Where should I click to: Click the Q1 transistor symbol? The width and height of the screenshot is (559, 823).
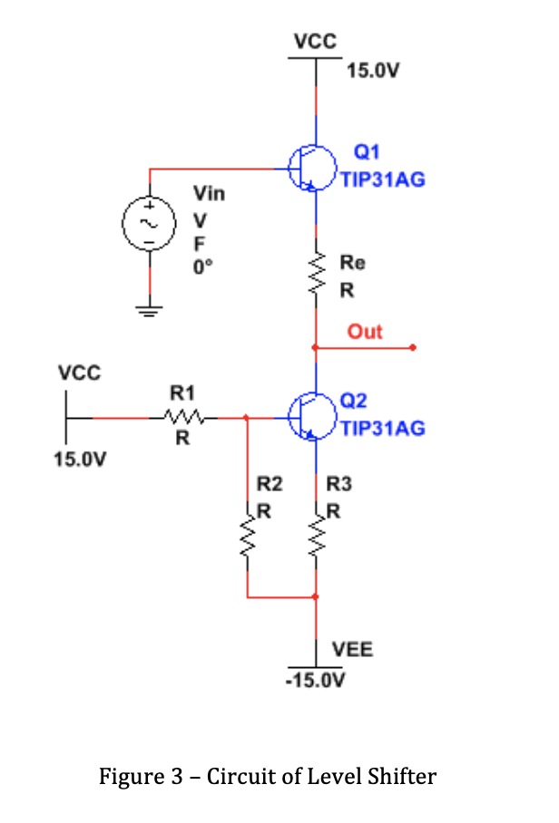click(311, 168)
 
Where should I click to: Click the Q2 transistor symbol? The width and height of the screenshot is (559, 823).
click(311, 418)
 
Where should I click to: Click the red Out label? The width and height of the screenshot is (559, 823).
click(365, 332)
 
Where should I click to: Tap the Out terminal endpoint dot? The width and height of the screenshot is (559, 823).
click(412, 347)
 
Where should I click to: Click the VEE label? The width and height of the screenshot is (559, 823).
click(352, 650)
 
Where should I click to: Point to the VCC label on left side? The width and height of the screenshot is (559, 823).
click(80, 373)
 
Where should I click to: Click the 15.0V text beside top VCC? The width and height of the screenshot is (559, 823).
click(372, 71)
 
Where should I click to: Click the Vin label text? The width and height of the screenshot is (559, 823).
click(209, 194)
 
